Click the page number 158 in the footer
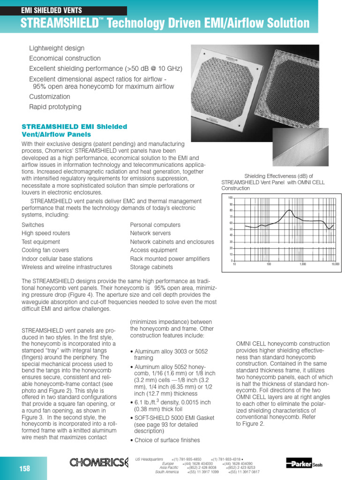click(x=24, y=468)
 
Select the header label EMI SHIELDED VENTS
click(x=52, y=10)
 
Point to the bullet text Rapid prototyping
click(x=55, y=107)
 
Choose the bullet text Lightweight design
click(x=57, y=48)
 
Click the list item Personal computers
click(x=155, y=225)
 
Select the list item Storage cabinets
click(x=151, y=267)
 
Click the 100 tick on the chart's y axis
click(x=230, y=198)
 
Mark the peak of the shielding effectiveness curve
click(x=290, y=210)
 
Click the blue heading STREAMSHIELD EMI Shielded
click(x=75, y=127)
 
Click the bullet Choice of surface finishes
click(x=167, y=440)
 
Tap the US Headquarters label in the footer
click(x=149, y=459)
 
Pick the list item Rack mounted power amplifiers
click(x=170, y=259)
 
